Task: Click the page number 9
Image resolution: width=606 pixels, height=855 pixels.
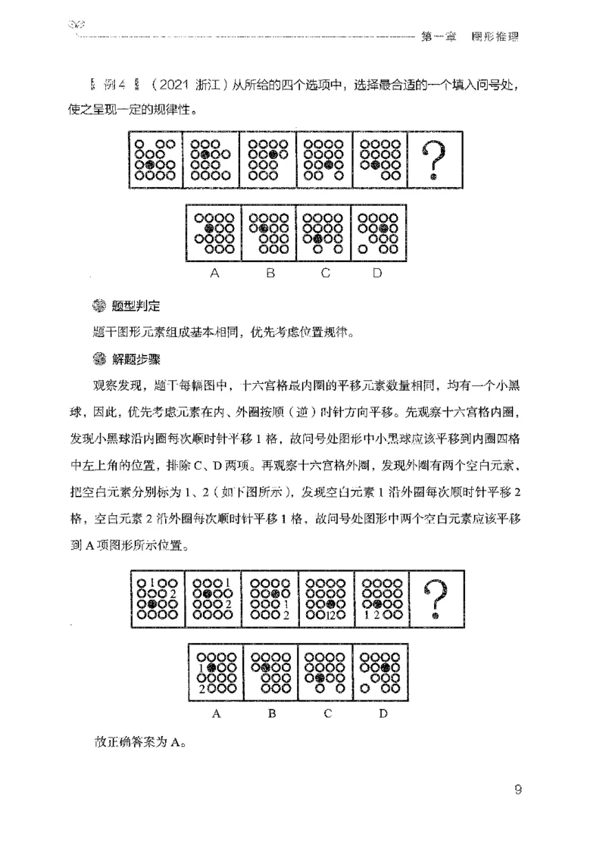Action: [517, 790]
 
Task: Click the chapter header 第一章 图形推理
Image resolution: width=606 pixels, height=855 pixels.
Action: [472, 36]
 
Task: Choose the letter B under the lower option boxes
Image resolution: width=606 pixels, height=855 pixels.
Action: [270, 713]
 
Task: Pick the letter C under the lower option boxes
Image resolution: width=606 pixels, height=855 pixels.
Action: [325, 713]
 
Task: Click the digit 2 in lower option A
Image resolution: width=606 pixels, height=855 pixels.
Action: [202, 688]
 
